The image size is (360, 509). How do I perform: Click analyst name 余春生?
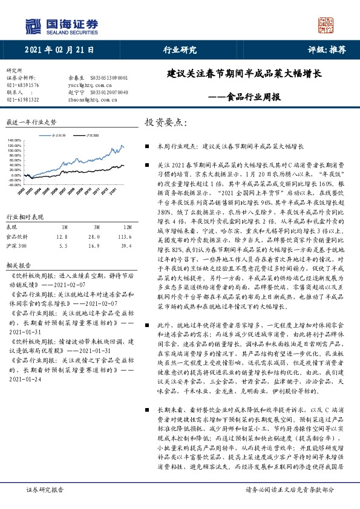(x=77, y=78)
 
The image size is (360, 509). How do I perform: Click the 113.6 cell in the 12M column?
(x=125, y=237)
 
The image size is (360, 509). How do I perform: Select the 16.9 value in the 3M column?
(x=93, y=246)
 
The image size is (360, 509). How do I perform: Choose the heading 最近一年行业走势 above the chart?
(x=31, y=122)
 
